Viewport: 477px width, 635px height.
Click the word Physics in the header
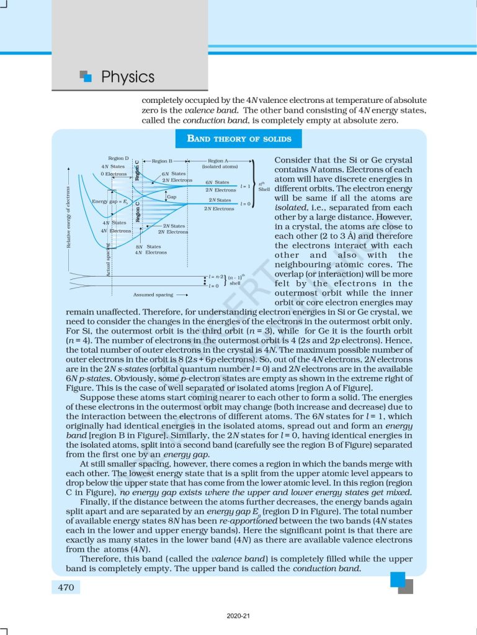[x=127, y=77]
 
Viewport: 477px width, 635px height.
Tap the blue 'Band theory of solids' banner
[x=239, y=138]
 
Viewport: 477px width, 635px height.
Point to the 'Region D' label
[x=118, y=158]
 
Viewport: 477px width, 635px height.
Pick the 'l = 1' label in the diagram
[x=244, y=186]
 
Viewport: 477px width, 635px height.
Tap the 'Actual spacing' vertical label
[x=108, y=260]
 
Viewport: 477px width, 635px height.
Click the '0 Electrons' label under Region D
[x=114, y=174]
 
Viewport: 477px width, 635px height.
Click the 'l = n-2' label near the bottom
[x=214, y=277]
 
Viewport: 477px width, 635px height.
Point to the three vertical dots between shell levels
[x=205, y=282]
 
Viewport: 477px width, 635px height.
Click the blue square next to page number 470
[x=397, y=579]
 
